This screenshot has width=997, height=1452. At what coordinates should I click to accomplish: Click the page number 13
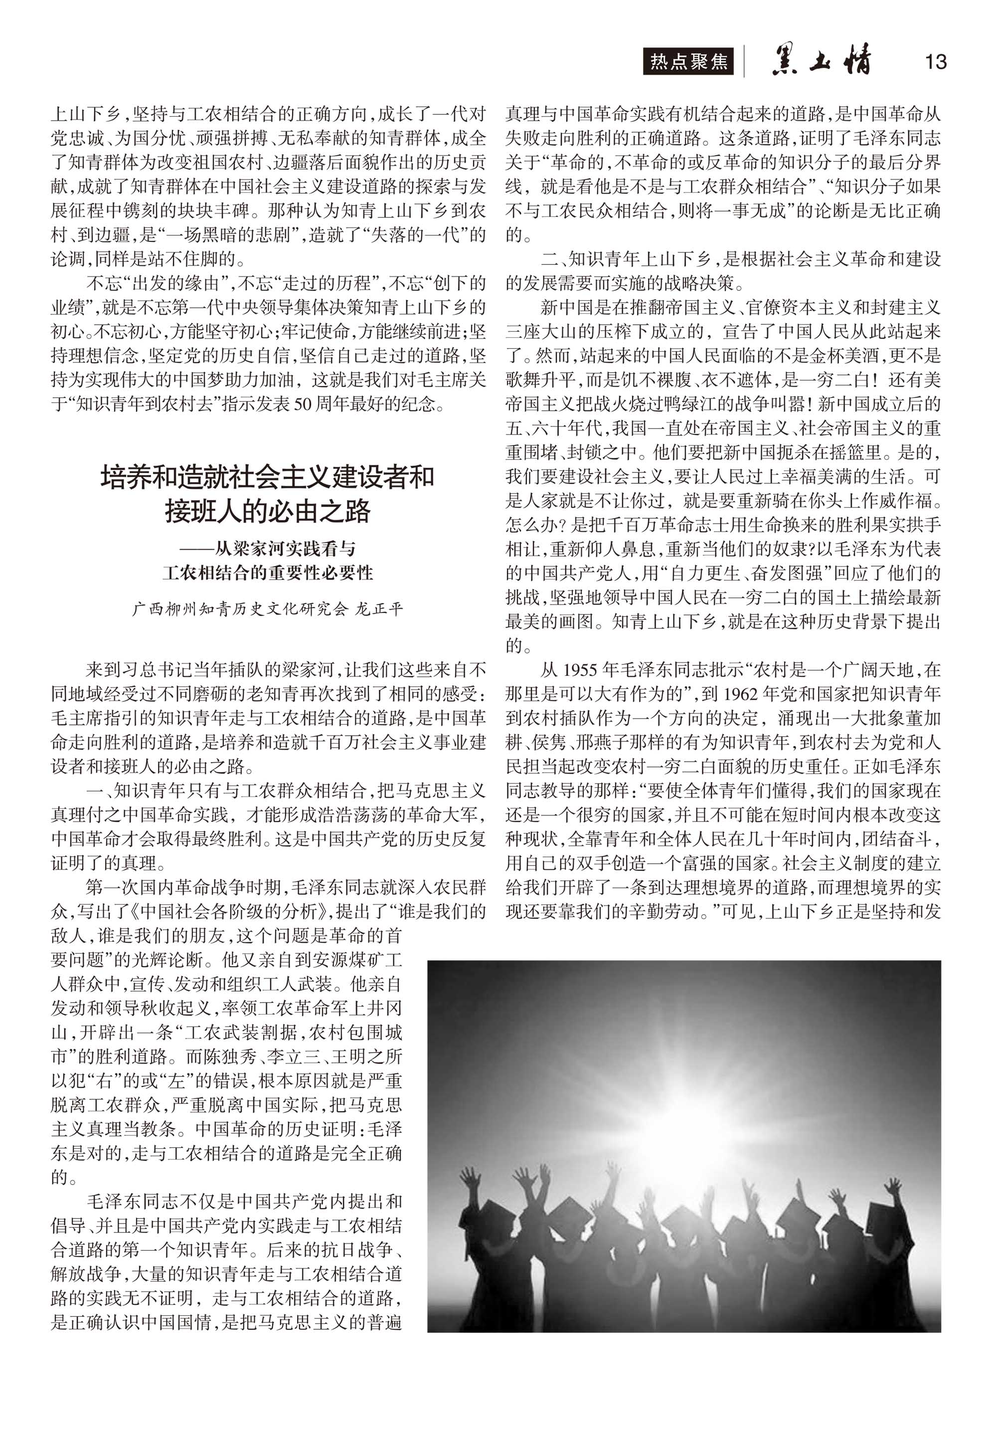[935, 62]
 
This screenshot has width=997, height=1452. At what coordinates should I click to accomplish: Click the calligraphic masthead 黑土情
[822, 61]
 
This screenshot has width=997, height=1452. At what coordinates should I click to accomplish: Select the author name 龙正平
[379, 610]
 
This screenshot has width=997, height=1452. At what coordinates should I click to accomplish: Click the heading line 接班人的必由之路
[268, 511]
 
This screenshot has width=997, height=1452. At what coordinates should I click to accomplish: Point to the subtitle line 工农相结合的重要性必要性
[268, 573]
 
